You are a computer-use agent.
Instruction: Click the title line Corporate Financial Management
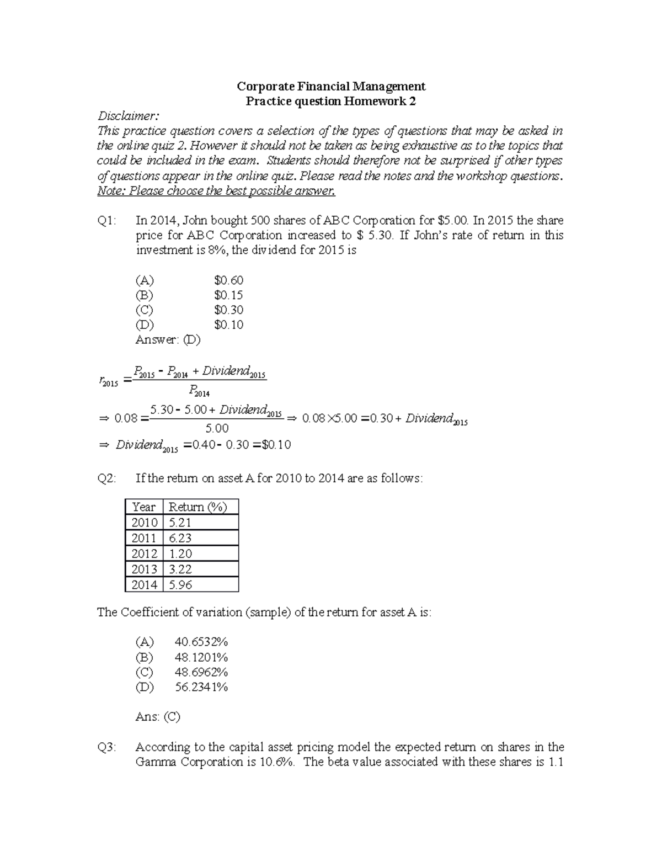coord(331,86)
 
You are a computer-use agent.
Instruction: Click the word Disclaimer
coord(128,116)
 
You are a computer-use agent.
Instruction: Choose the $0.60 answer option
coord(228,280)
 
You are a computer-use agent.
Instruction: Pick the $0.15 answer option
coord(228,295)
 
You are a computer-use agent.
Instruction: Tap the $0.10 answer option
coord(228,325)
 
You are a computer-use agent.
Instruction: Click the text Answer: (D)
coord(168,340)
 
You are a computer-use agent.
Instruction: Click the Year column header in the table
coord(144,507)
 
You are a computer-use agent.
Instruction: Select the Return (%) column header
coord(197,507)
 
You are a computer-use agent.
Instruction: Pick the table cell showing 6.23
coord(180,538)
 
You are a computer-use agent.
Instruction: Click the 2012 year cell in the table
coord(144,553)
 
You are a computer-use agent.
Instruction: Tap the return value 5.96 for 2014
coord(180,584)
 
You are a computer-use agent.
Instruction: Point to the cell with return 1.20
coord(180,553)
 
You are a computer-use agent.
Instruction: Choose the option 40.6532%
coord(201,642)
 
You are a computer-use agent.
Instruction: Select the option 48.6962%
coord(201,672)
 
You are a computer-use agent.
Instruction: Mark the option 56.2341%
coord(201,687)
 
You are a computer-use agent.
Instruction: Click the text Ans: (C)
coord(158,717)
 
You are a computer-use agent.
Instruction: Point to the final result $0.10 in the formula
coord(275,445)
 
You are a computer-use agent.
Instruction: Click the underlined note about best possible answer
coord(216,191)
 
